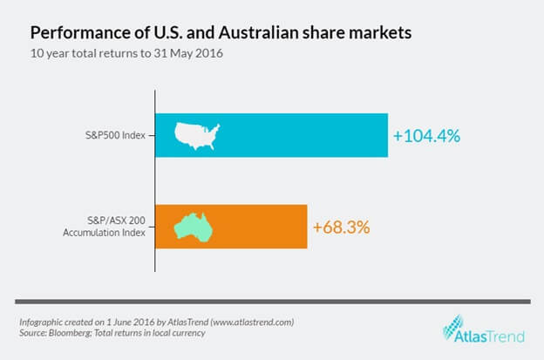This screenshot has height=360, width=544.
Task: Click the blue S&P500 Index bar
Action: [296, 135]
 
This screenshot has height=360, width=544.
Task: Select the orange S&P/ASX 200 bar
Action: [262, 227]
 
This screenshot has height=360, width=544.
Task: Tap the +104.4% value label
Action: [426, 136]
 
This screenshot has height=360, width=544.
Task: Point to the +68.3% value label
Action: [342, 228]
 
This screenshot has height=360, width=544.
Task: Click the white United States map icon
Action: [198, 134]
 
